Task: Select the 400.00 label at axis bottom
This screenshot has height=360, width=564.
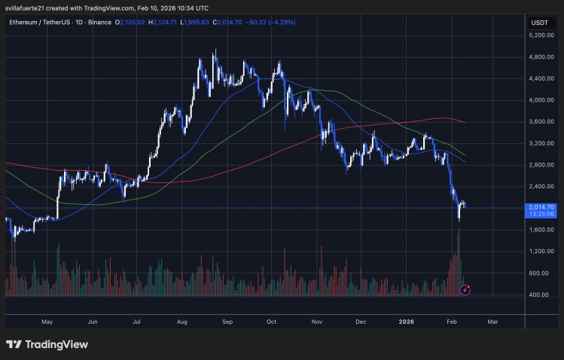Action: coord(537,294)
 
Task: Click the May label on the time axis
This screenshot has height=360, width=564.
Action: coord(47,321)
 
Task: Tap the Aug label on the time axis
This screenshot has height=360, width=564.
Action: coord(181,321)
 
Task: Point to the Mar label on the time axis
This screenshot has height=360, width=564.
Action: coord(492,321)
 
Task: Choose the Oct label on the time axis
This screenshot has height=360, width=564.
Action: coord(271,321)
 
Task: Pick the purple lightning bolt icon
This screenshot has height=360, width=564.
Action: coord(465,289)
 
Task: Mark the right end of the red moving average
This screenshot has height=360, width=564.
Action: coord(465,122)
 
